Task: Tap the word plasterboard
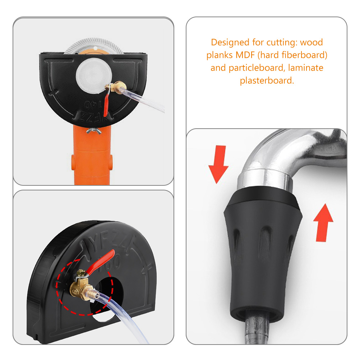[267, 80]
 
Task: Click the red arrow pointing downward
[218, 164]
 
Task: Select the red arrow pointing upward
[323, 222]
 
